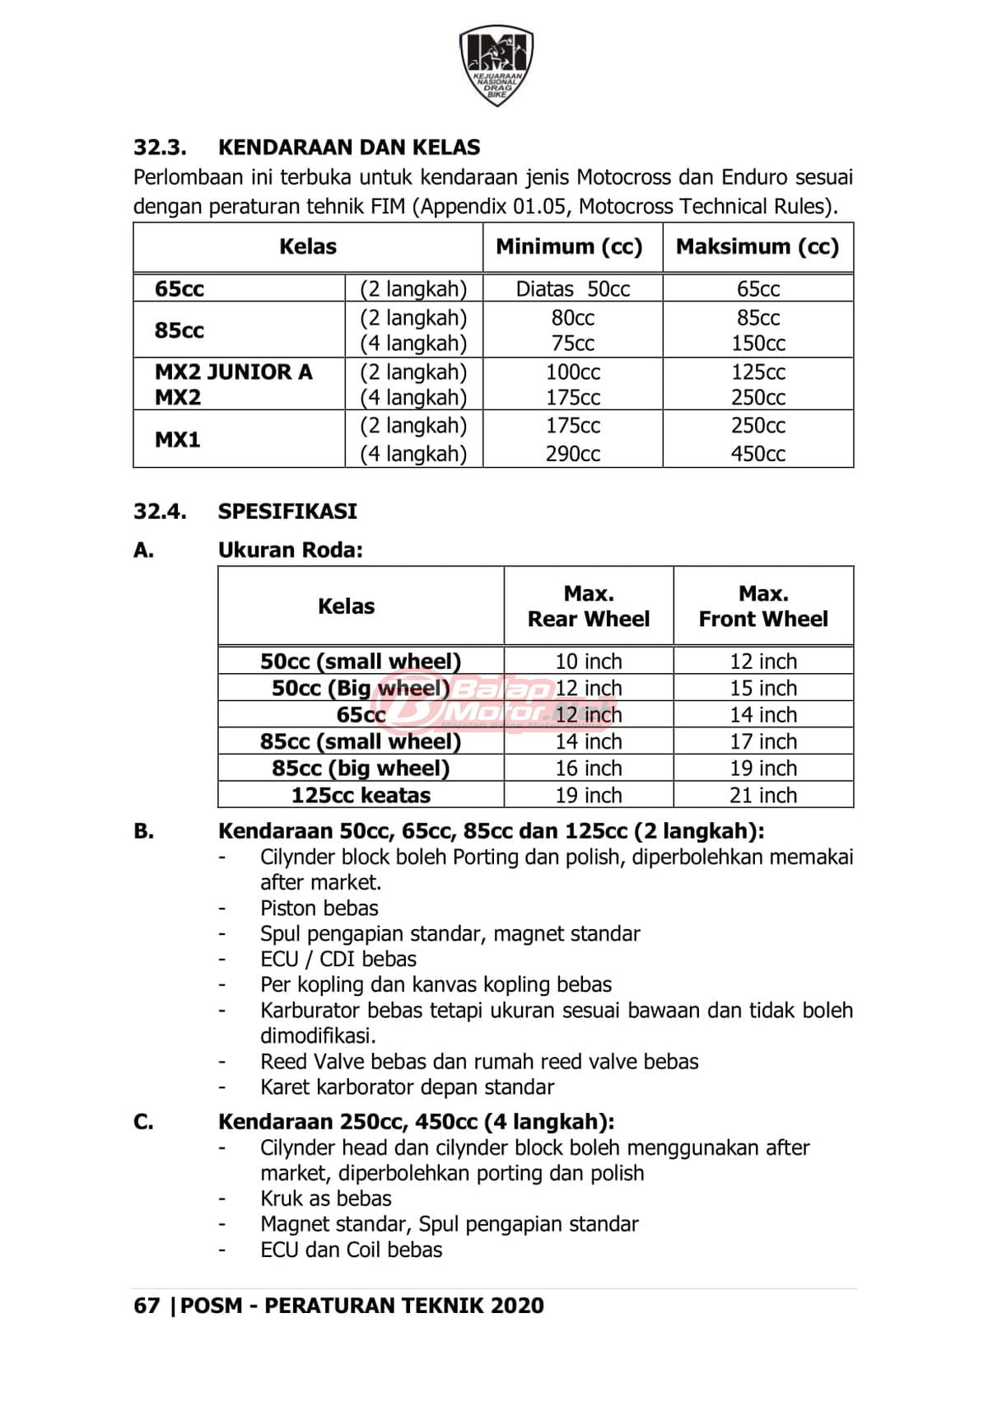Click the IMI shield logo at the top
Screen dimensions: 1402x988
(x=496, y=64)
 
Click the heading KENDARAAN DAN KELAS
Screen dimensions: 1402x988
(x=349, y=147)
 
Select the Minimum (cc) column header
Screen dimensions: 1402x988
(x=569, y=246)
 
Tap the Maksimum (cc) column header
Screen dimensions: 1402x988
(x=757, y=246)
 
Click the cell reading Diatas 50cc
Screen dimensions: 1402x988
(x=572, y=289)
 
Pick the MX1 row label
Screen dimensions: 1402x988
(x=178, y=439)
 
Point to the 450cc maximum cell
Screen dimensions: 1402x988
(x=757, y=453)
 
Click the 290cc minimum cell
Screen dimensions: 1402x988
(x=572, y=453)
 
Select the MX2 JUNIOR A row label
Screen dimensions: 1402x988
(x=234, y=372)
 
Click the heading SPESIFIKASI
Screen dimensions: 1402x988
(x=287, y=512)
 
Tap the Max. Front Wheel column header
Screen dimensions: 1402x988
(x=763, y=606)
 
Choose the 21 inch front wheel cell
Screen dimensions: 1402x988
(x=763, y=795)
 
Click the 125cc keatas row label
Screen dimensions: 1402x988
(x=361, y=795)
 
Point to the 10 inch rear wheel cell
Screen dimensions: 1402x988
(x=588, y=661)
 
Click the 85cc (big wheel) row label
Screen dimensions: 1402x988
(x=361, y=769)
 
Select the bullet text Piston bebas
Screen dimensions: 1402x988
(x=319, y=908)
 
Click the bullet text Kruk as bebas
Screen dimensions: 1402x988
(x=326, y=1199)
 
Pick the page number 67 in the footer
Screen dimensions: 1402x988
(x=147, y=1306)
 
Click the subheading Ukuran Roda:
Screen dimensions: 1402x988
(x=291, y=550)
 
